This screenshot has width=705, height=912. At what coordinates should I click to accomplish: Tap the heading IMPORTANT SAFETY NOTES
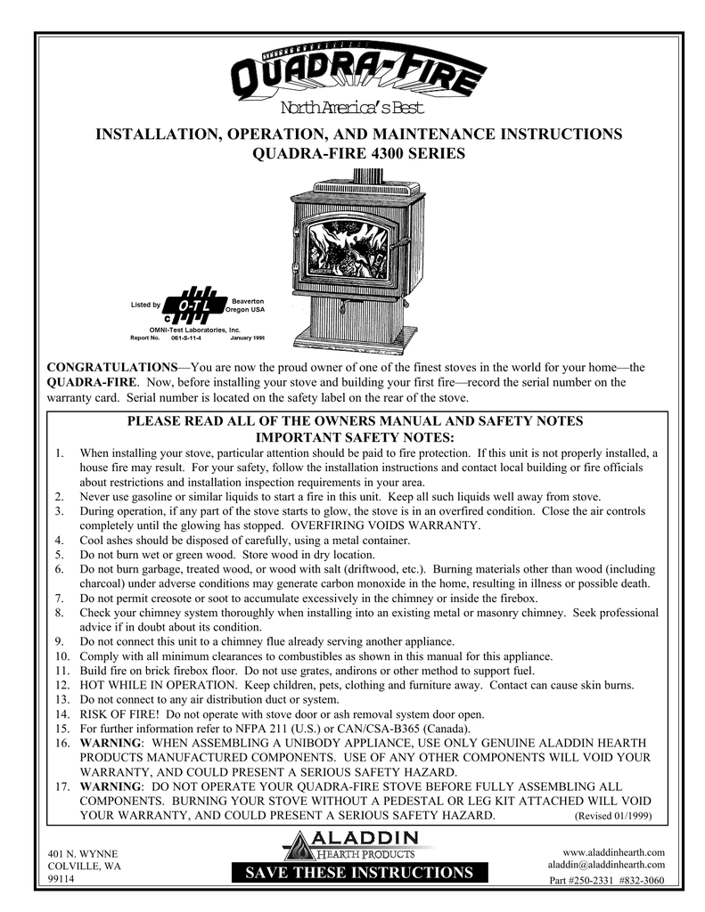coord(355,437)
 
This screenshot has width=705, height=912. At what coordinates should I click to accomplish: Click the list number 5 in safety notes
coord(59,555)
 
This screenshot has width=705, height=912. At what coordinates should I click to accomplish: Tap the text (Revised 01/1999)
coord(615,816)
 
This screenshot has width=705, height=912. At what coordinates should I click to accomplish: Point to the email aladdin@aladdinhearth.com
coord(605,865)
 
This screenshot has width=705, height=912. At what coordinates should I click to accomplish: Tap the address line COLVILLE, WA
coord(85,867)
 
